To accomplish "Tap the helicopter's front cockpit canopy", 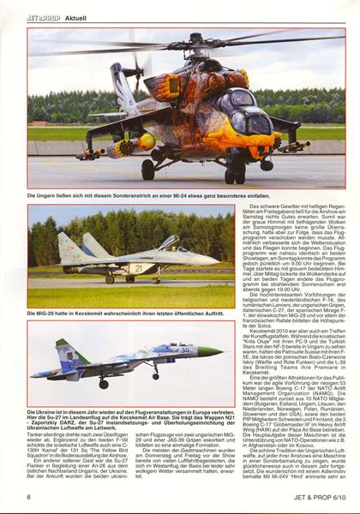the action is tap(257, 119).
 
